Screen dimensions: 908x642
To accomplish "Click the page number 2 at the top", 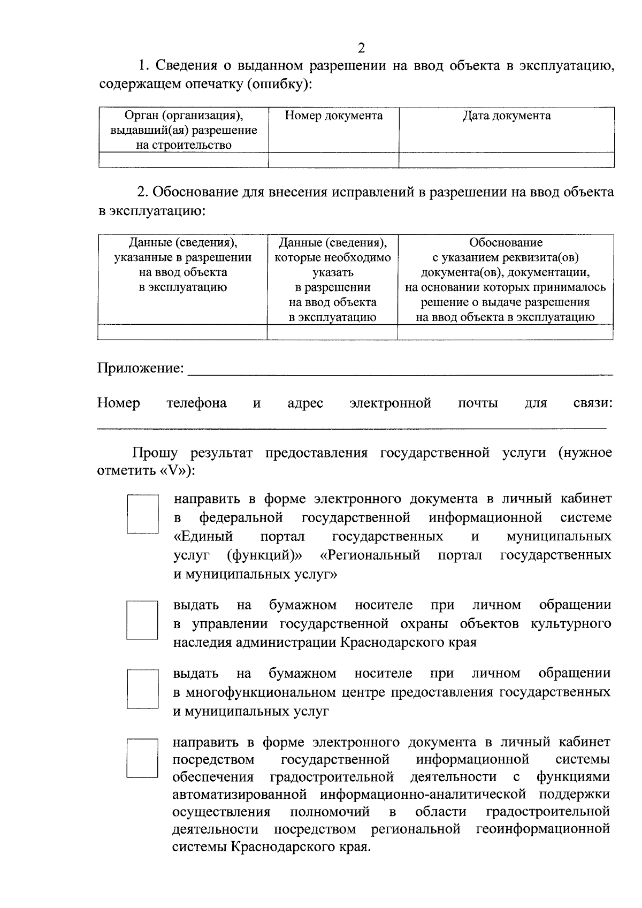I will coord(361,49).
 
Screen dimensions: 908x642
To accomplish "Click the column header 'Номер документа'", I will coord(333,116).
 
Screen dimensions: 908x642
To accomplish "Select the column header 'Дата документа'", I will coord(506,116).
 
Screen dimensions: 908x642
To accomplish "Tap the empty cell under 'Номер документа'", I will coord(333,160).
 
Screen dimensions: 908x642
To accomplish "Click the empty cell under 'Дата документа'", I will coord(506,160).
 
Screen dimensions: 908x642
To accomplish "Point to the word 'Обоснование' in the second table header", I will coord(506,242).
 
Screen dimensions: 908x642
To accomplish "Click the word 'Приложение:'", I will coord(141,368).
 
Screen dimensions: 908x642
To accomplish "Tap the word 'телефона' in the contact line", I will coord(196,403).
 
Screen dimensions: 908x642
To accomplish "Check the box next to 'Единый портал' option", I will coord(142,514).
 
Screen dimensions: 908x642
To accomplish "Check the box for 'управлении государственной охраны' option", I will coord(142,620).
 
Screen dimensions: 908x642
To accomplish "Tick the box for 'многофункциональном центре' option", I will coord(142,689).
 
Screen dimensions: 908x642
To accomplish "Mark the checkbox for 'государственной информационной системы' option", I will coord(142,758).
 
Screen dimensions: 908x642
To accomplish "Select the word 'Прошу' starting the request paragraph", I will coord(155,453).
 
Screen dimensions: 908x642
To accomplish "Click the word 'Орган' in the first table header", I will coord(141,116).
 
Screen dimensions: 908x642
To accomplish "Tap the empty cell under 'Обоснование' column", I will coord(505,332).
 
